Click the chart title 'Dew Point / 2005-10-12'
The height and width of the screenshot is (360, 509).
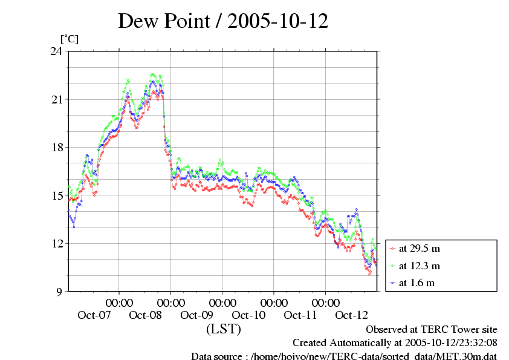pyautogui.click(x=223, y=21)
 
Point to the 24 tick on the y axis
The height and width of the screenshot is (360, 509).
pyautogui.click(x=57, y=51)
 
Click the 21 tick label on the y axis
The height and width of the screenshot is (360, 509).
pyautogui.click(x=57, y=99)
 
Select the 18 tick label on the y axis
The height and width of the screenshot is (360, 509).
pyautogui.click(x=57, y=147)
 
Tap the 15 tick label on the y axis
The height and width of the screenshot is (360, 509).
pyautogui.click(x=57, y=195)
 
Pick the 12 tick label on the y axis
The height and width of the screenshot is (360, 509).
pyautogui.click(x=57, y=243)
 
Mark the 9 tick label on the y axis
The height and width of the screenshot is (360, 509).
pyautogui.click(x=60, y=292)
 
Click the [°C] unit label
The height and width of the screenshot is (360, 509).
pyautogui.click(x=69, y=39)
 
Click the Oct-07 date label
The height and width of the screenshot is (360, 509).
pyautogui.click(x=94, y=315)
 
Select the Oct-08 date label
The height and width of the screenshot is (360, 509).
pyautogui.click(x=146, y=315)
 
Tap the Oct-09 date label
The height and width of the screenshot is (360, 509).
pyautogui.click(x=197, y=315)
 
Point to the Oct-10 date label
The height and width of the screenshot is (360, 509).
pyautogui.click(x=248, y=315)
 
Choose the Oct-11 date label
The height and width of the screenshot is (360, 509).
pyautogui.click(x=300, y=315)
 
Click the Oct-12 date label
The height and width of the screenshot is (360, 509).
pyautogui.click(x=352, y=315)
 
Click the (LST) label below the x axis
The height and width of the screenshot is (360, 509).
pyautogui.click(x=223, y=330)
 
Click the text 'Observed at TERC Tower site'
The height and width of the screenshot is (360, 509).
pyautogui.click(x=432, y=330)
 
